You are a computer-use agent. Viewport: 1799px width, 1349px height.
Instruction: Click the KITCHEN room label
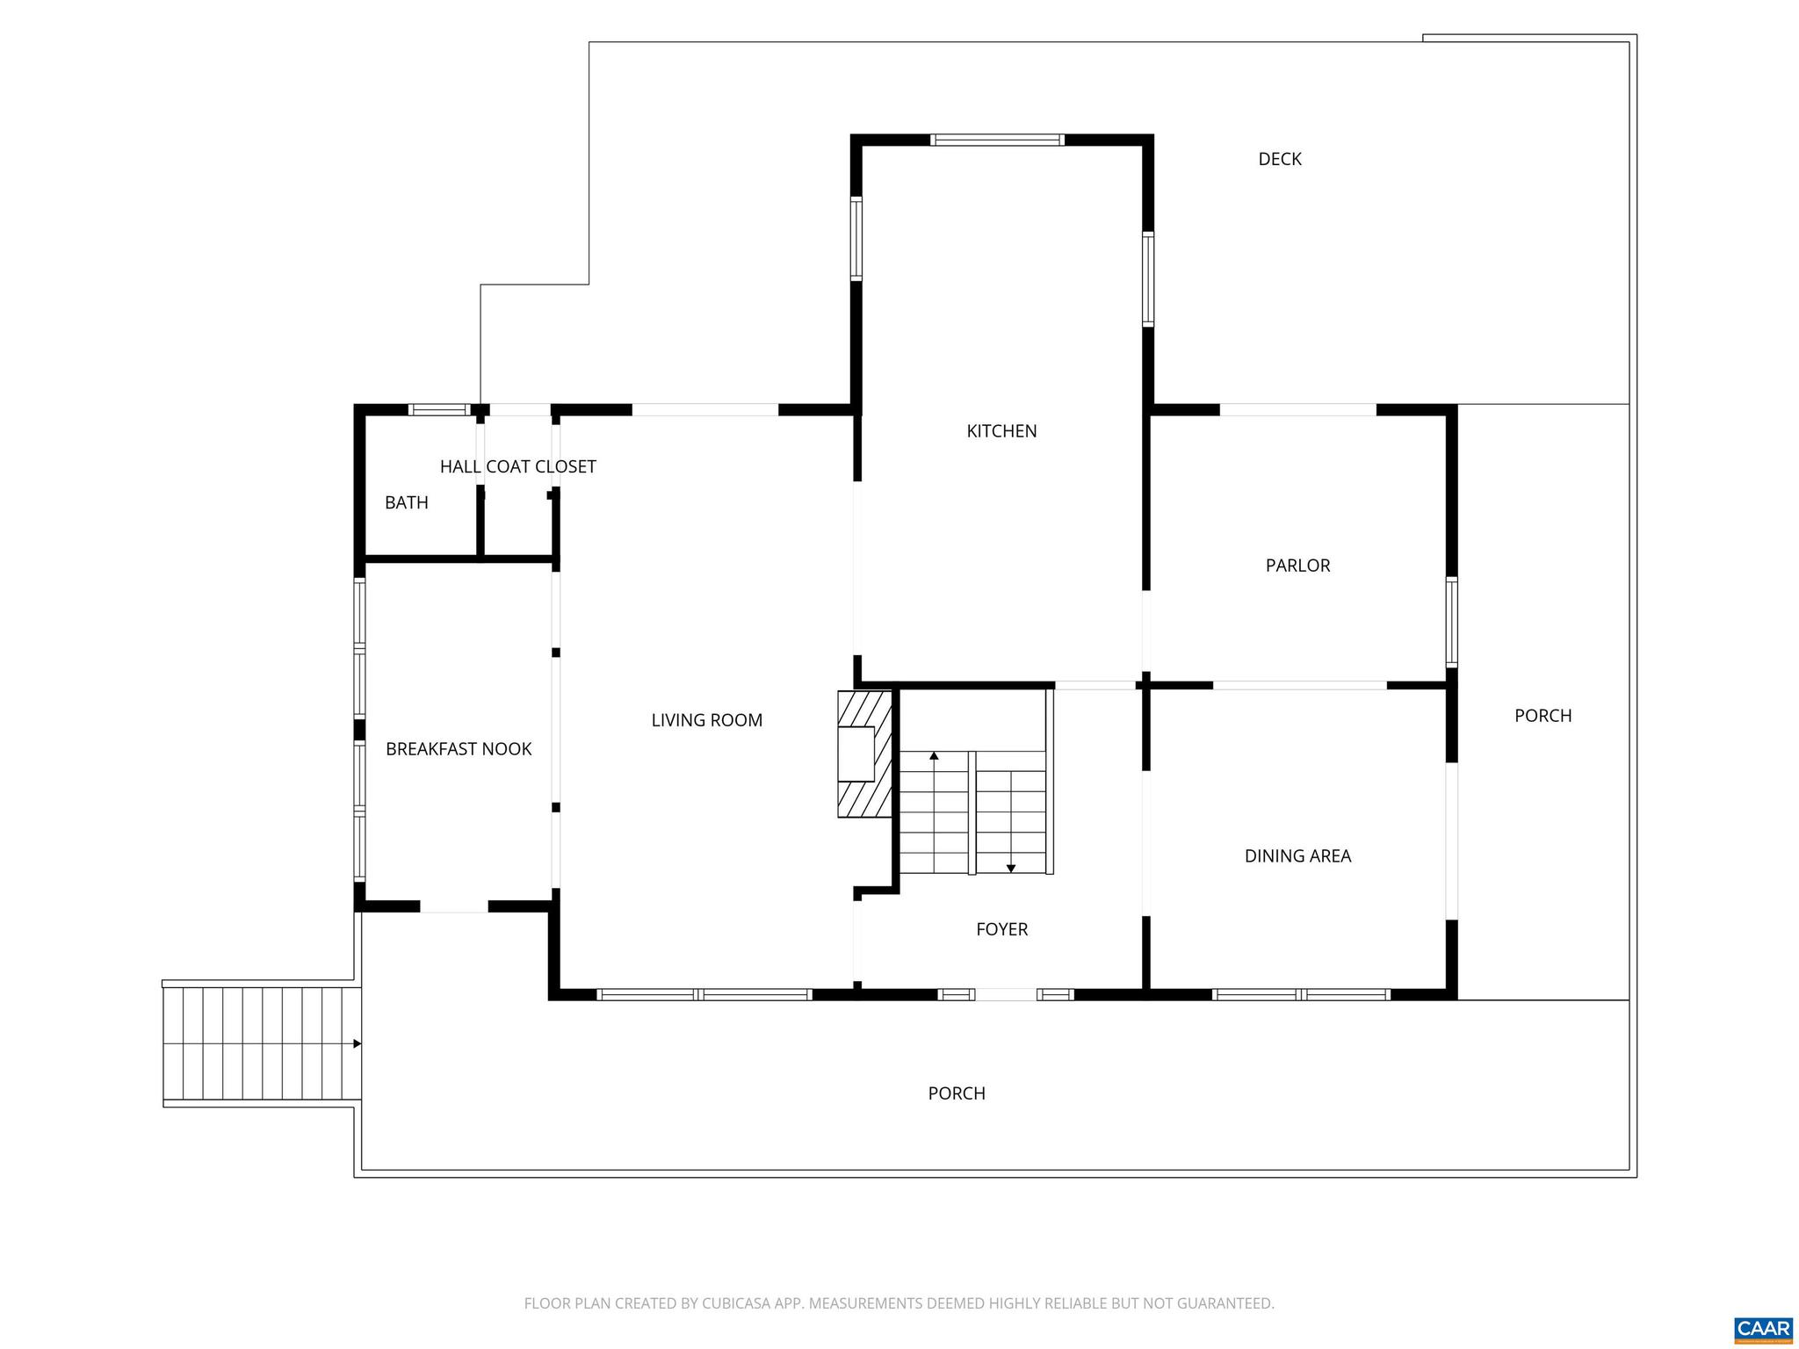pyautogui.click(x=1001, y=431)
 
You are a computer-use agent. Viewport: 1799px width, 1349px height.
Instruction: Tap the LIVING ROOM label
pyautogui.click(x=706, y=720)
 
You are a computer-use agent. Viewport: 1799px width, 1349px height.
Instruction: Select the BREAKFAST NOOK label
pyautogui.click(x=459, y=749)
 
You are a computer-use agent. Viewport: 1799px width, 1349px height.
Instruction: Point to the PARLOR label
pyautogui.click(x=1297, y=566)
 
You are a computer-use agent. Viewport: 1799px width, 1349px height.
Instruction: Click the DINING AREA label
pyautogui.click(x=1297, y=855)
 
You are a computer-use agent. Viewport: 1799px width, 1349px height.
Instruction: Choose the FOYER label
pyautogui.click(x=1001, y=929)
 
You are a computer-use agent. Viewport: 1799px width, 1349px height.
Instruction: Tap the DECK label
pyautogui.click(x=1280, y=159)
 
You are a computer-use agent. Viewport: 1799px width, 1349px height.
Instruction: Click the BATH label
pyautogui.click(x=407, y=502)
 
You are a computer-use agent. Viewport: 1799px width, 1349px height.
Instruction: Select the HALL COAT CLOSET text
pyautogui.click(x=518, y=466)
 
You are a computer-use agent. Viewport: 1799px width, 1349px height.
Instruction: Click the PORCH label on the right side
pyautogui.click(x=1543, y=716)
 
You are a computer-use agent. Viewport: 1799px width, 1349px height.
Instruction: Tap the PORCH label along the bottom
pyautogui.click(x=957, y=1093)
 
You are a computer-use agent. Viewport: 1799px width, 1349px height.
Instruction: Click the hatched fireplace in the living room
pyautogui.click(x=865, y=754)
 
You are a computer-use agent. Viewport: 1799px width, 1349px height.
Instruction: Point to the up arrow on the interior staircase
pyautogui.click(x=934, y=755)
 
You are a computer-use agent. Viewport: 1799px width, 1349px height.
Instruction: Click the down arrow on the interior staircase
pyautogui.click(x=1011, y=869)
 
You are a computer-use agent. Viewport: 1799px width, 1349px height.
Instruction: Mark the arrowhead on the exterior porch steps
pyautogui.click(x=357, y=1043)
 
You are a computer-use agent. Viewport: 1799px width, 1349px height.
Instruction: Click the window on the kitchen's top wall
pyautogui.click(x=997, y=140)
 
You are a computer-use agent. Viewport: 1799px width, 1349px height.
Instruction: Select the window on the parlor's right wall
pyautogui.click(x=1451, y=622)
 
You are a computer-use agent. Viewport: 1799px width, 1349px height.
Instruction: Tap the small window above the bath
pyautogui.click(x=439, y=409)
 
